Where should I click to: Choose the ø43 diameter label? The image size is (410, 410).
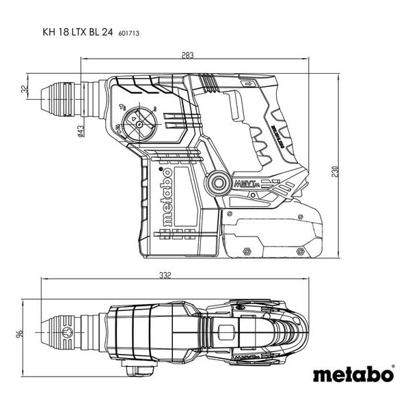80,131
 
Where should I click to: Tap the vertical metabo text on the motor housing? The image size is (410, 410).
166,198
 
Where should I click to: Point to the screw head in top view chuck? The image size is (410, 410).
66,333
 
